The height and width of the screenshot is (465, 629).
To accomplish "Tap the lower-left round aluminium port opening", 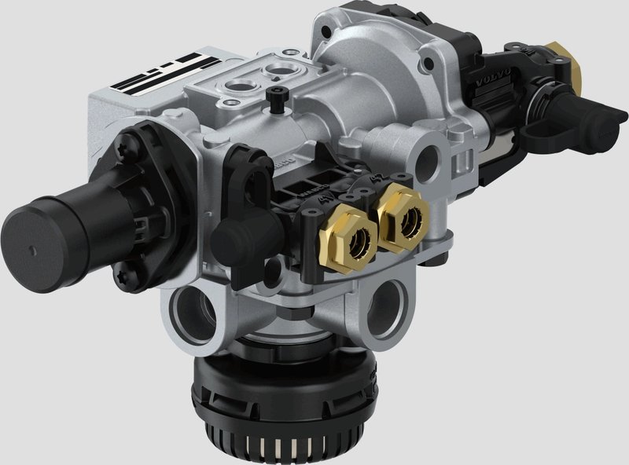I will (192, 313).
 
